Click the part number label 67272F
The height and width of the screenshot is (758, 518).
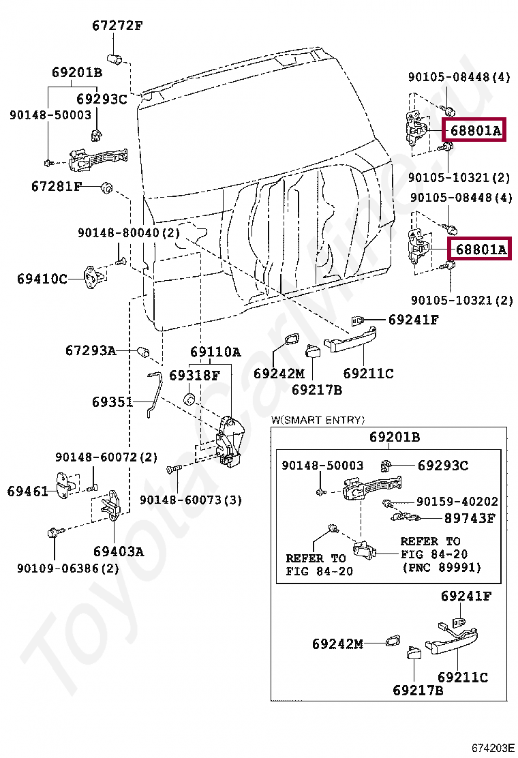[x=117, y=27]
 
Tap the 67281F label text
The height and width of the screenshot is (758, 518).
[x=56, y=185]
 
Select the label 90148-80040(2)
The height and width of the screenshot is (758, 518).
[x=127, y=232]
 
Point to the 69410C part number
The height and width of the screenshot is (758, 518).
[x=42, y=278]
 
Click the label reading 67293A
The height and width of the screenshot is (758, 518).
[x=91, y=350]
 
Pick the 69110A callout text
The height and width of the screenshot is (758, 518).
[x=215, y=352]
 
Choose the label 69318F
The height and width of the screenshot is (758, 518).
[x=195, y=375]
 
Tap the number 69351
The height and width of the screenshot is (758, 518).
[x=112, y=402]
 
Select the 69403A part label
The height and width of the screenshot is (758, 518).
[x=119, y=551]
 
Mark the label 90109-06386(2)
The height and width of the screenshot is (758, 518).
[x=68, y=568]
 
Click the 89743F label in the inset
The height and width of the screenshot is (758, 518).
[x=470, y=518]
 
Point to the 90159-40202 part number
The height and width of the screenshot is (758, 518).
[x=457, y=502]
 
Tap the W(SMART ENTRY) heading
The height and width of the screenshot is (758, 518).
[x=318, y=420]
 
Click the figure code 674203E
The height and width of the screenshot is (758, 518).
[x=494, y=748]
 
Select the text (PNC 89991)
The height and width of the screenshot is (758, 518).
[x=441, y=567]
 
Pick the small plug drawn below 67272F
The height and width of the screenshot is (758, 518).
[x=116, y=57]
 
